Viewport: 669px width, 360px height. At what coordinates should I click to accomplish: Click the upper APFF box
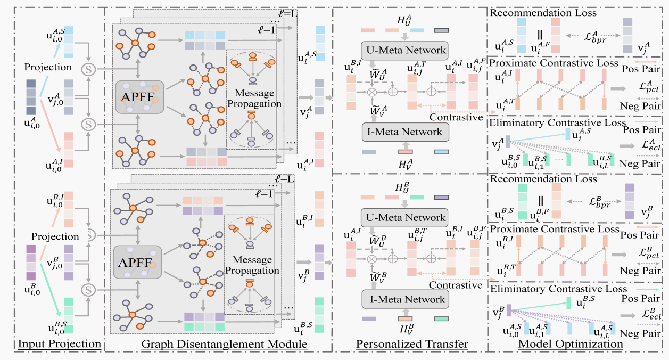tap(140, 97)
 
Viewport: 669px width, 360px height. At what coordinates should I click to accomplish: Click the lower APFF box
tap(137, 263)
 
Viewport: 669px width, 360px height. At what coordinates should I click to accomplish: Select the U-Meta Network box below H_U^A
tap(404, 51)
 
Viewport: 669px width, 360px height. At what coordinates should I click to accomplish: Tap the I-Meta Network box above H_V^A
tap(405, 132)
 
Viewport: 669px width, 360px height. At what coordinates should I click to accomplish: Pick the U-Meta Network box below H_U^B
tap(404, 217)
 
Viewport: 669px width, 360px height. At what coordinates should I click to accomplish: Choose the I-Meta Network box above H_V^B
tap(405, 299)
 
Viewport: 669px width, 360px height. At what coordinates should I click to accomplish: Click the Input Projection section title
tap(60, 344)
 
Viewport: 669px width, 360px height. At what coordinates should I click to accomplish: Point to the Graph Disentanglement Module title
tap(224, 344)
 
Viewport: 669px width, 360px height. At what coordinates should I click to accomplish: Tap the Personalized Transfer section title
tap(412, 344)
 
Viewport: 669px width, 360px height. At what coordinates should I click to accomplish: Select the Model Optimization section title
tap(571, 344)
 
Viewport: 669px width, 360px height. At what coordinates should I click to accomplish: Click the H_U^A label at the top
tap(404, 20)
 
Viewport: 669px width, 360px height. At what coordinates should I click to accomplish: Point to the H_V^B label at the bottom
tap(407, 329)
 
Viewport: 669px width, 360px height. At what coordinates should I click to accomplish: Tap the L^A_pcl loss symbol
tap(649, 87)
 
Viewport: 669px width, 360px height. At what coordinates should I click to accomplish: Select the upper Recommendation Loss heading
tap(543, 13)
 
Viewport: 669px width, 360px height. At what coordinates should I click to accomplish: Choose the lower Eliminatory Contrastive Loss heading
tap(558, 289)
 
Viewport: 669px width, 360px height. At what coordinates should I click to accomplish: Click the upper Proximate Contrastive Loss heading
tap(554, 63)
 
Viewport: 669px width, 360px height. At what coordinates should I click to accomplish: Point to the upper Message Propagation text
tap(254, 99)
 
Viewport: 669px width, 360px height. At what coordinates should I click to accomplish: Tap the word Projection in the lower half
tap(55, 236)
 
